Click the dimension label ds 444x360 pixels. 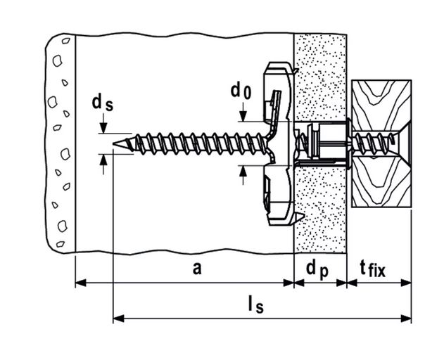101,103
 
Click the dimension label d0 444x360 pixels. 241,91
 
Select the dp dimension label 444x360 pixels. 317,268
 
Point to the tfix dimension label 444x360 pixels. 373,268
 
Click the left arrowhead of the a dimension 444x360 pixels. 80,283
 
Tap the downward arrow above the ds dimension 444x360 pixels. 103,128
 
